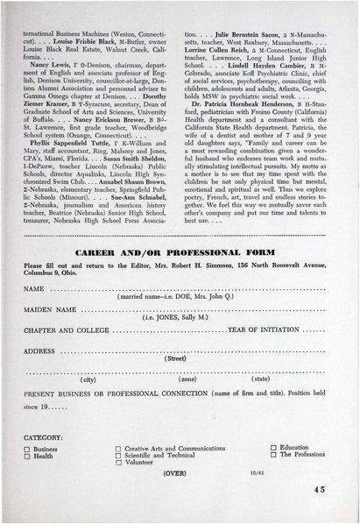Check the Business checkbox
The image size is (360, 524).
point(27,449)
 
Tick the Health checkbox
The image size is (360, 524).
point(27,457)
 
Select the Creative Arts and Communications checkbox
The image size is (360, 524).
point(117,449)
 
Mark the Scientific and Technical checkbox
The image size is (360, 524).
point(117,457)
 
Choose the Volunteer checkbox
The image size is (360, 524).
point(117,464)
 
